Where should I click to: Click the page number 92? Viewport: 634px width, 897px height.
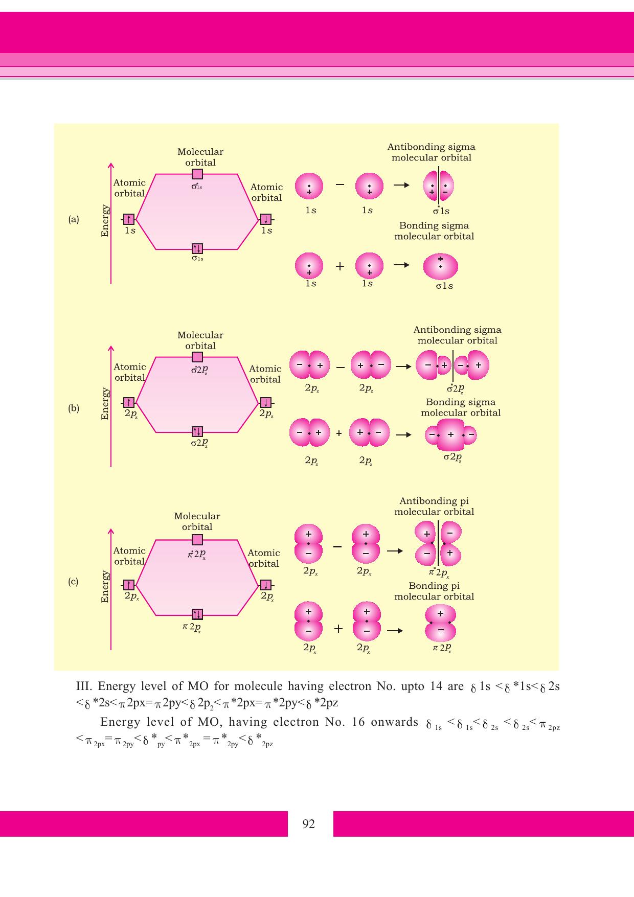point(309,823)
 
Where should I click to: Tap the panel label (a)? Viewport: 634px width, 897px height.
point(74,220)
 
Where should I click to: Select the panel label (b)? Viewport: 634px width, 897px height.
point(74,408)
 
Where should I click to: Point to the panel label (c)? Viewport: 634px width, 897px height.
point(74,582)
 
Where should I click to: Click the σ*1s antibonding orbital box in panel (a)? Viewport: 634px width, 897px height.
point(197,174)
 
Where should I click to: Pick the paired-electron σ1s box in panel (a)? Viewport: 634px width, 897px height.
point(197,249)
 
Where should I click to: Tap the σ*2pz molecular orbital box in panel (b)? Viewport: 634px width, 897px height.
point(197,357)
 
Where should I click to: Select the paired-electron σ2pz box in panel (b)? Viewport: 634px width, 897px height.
point(197,432)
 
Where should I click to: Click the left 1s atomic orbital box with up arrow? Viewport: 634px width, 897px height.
point(128,219)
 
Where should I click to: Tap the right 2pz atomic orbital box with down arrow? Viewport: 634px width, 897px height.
point(266,403)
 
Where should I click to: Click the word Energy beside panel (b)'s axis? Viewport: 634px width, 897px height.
point(105,404)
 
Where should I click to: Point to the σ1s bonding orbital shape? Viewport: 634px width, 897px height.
point(441,266)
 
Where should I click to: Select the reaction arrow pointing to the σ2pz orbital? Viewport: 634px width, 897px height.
point(403,435)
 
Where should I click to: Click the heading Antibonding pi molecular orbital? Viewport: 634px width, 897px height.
point(434,507)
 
